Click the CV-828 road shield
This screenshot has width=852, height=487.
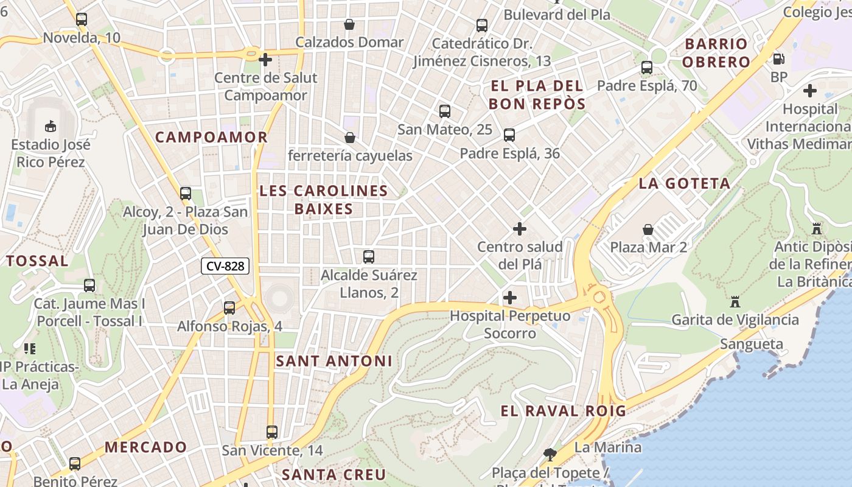pyautogui.click(x=225, y=266)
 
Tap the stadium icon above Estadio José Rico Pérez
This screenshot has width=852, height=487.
pyautogui.click(x=51, y=126)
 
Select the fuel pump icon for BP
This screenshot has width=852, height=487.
pyautogui.click(x=778, y=59)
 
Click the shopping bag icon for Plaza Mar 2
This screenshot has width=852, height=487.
pyautogui.click(x=648, y=229)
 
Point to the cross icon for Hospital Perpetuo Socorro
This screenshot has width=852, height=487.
pyautogui.click(x=510, y=298)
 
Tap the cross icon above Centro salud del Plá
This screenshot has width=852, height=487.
pyautogui.click(x=520, y=229)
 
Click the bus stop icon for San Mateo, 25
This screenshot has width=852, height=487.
pyautogui.click(x=445, y=111)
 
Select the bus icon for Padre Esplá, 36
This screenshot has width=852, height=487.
pyautogui.click(x=509, y=135)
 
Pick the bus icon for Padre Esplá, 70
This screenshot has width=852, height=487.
pyautogui.click(x=647, y=68)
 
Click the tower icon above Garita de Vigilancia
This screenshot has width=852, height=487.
pyautogui.click(x=735, y=301)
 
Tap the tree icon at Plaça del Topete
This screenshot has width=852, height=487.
pyautogui.click(x=550, y=454)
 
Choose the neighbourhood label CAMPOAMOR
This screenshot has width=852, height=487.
pyautogui.click(x=211, y=138)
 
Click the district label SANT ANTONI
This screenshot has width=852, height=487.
pyautogui.click(x=334, y=361)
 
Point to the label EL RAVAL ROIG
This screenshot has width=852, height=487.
pyautogui.click(x=563, y=411)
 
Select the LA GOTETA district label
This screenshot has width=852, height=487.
pyautogui.click(x=684, y=183)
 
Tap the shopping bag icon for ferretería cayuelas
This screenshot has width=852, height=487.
pyautogui.click(x=350, y=138)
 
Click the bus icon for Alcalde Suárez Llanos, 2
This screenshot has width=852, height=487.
pyautogui.click(x=369, y=257)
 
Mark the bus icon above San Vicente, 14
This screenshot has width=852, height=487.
pyautogui.click(x=272, y=432)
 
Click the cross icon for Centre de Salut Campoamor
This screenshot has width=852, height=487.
pyautogui.click(x=265, y=60)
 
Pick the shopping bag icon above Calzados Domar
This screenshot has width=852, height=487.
pyautogui.click(x=349, y=24)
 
